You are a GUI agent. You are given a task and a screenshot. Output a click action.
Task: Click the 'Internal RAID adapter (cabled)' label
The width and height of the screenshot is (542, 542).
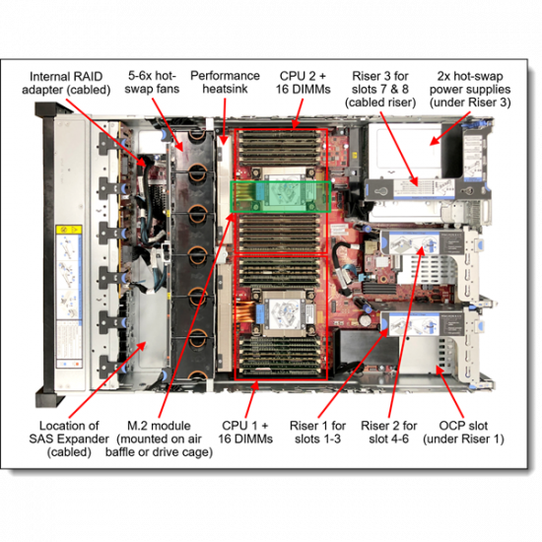point(68,83)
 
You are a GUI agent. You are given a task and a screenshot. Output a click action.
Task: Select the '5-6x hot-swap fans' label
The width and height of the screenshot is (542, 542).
point(153,83)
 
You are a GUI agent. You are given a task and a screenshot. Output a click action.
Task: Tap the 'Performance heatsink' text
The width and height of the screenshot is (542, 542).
point(226,83)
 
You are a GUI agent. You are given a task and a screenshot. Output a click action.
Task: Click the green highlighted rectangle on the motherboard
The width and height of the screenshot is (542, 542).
point(280,195)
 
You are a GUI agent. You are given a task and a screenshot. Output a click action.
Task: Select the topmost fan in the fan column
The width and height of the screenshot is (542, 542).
point(197,139)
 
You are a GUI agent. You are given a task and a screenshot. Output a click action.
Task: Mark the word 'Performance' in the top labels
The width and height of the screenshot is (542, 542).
point(226,76)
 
